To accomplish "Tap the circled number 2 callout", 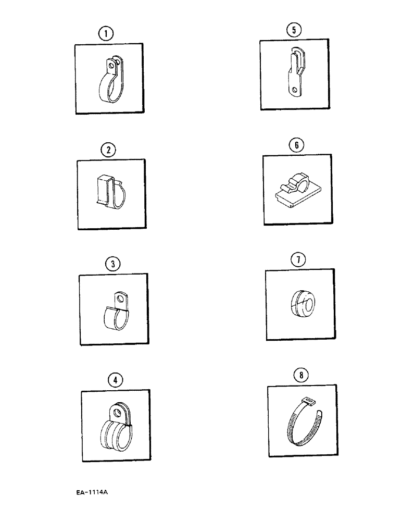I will (108, 151).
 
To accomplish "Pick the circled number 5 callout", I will (294, 30).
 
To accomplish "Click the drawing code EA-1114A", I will (95, 492).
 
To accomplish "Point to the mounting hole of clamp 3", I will (122, 299).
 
